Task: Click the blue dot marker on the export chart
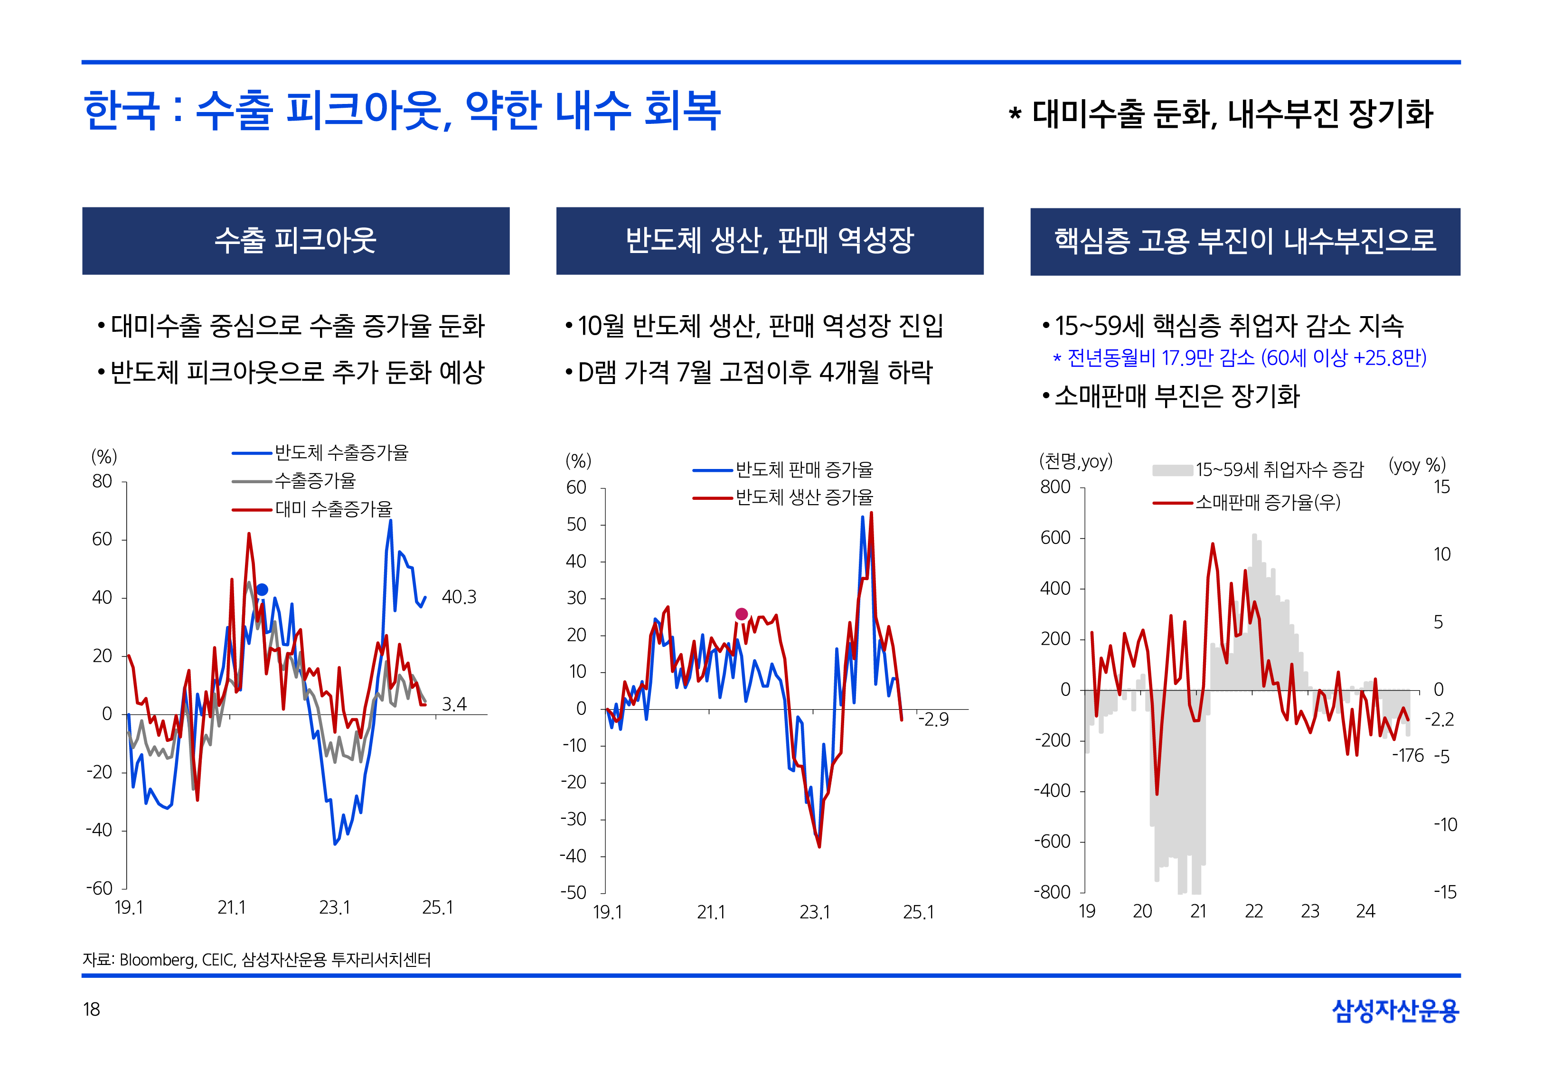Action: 262,590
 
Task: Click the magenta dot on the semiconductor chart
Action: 742,614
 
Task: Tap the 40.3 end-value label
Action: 459,597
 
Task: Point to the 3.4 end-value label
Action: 454,704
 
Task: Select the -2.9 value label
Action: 934,720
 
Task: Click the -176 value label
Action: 1408,756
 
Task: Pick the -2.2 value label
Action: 1440,720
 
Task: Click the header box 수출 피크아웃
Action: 296,241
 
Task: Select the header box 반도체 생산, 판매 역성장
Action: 770,241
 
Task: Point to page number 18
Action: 91,1009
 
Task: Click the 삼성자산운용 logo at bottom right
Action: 1395,1011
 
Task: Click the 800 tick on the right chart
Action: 1055,487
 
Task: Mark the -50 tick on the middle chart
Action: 574,893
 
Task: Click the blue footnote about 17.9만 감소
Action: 1240,358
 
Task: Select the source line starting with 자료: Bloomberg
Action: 256,960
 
